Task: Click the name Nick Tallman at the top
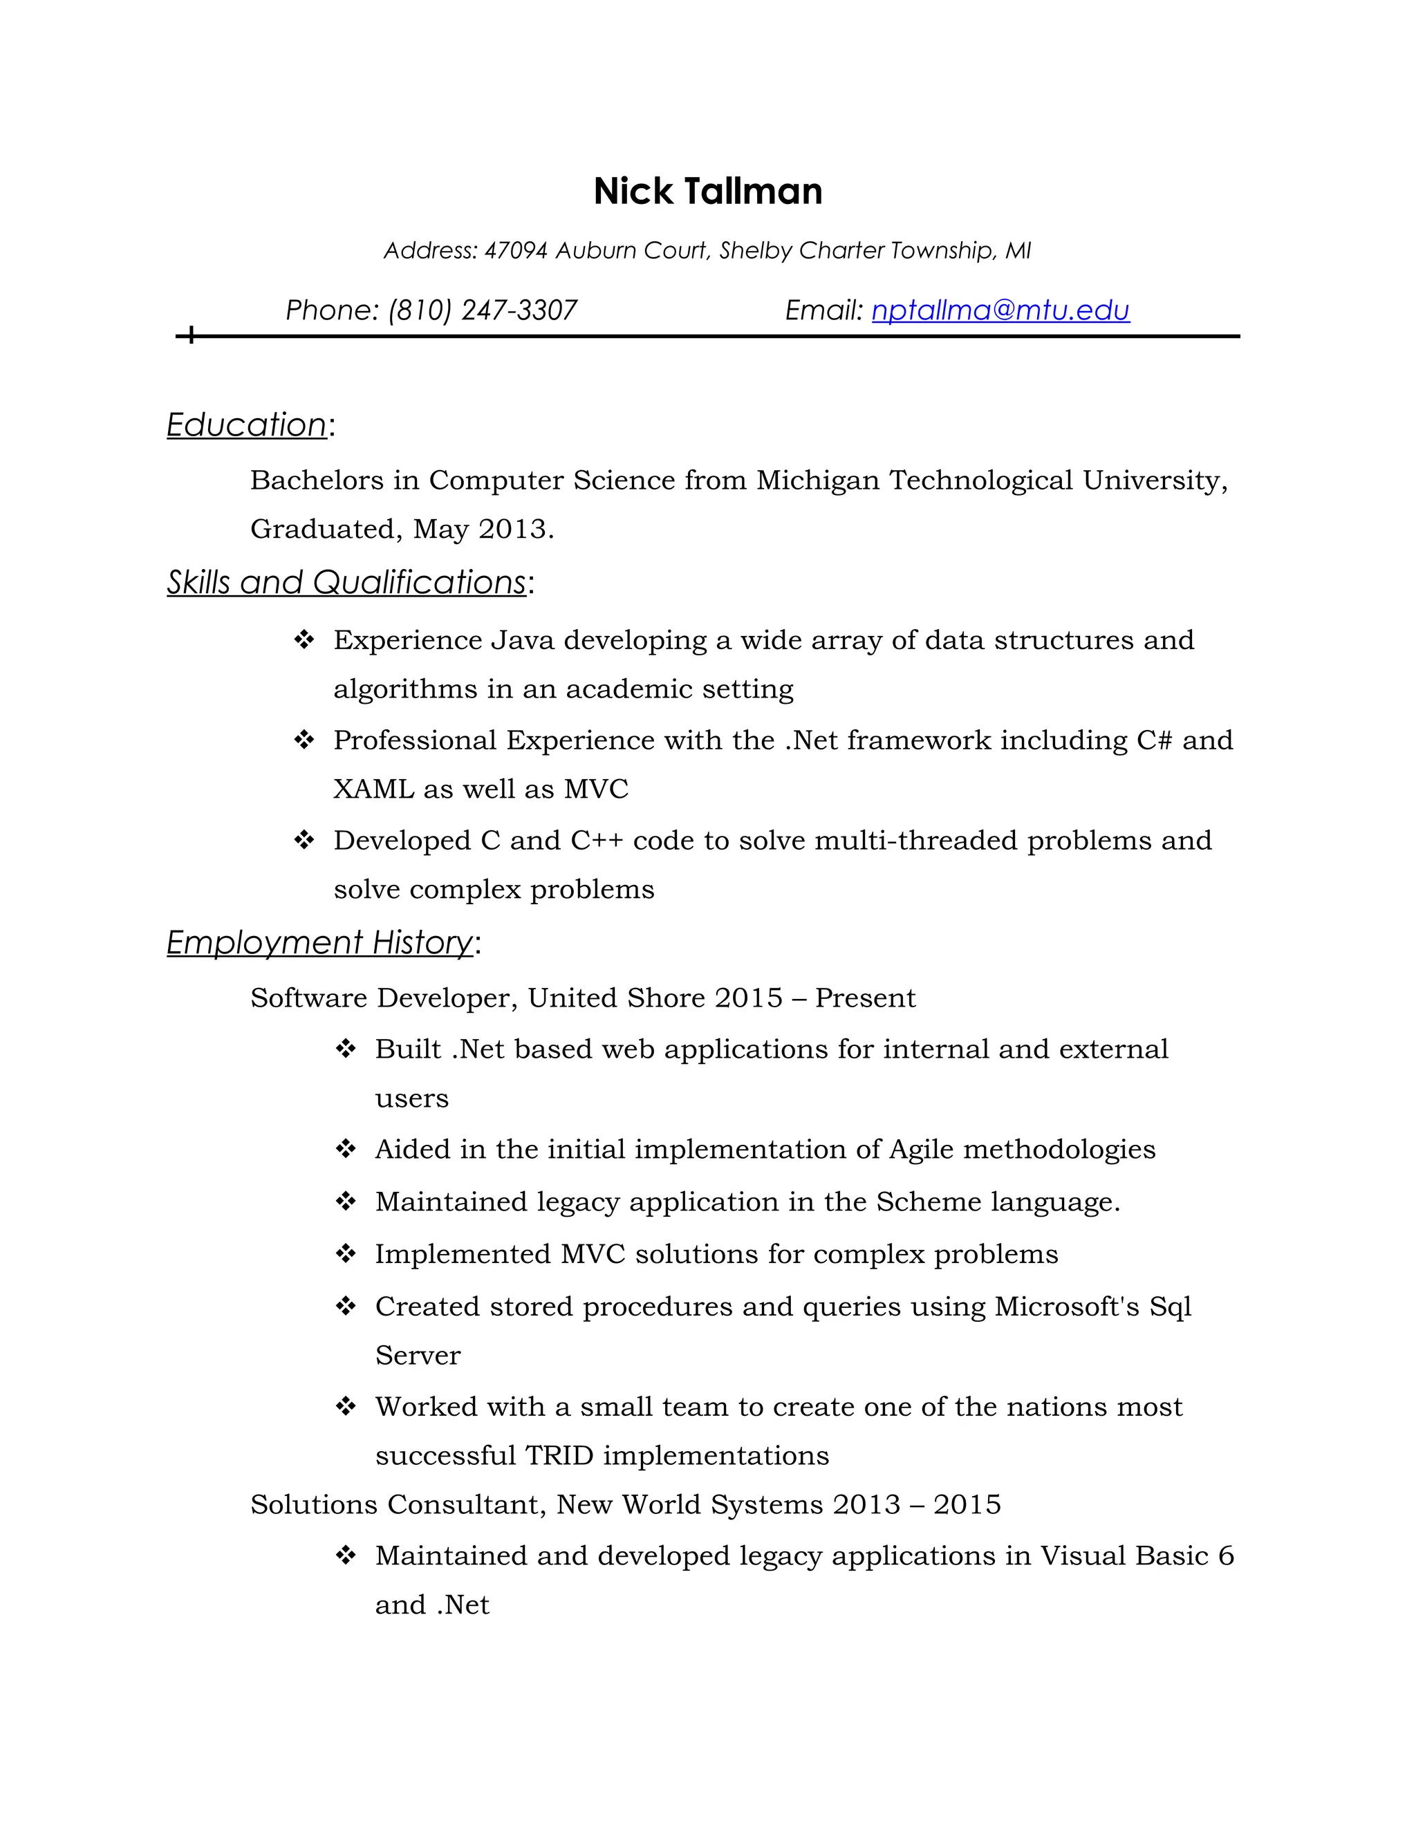pyautogui.click(x=707, y=191)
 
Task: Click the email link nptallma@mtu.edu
pyautogui.click(x=1000, y=310)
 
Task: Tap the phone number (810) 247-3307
pyautogui.click(x=483, y=310)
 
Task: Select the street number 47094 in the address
pyautogui.click(x=516, y=251)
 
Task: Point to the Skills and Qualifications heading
pyautogui.click(x=346, y=582)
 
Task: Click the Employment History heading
pyautogui.click(x=319, y=942)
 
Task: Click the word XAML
pyautogui.click(x=373, y=789)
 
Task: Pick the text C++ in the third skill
pyautogui.click(x=597, y=841)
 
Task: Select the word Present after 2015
pyautogui.click(x=865, y=998)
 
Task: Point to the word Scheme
pyautogui.click(x=929, y=1202)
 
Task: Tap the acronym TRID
pyautogui.click(x=559, y=1455)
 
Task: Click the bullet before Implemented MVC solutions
pyautogui.click(x=346, y=1254)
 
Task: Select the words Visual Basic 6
pyautogui.click(x=1137, y=1556)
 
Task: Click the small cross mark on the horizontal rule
pyautogui.click(x=192, y=335)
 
